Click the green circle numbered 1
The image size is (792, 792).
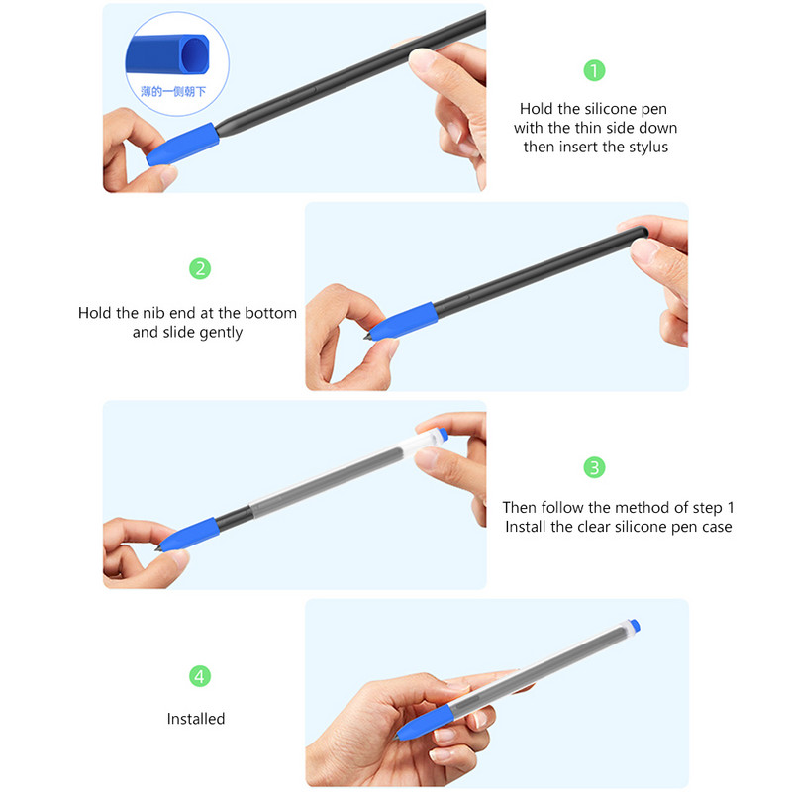tap(594, 70)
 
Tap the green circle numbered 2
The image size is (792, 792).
tap(200, 268)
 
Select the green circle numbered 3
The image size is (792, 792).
tap(594, 467)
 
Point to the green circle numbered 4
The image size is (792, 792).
tap(200, 677)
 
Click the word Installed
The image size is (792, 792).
tap(196, 719)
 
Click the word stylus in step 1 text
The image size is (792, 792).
tap(648, 147)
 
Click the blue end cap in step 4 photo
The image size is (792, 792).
tap(635, 626)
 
